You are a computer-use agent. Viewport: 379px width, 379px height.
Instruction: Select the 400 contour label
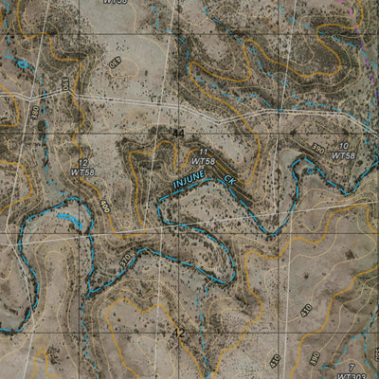(x=104, y=206)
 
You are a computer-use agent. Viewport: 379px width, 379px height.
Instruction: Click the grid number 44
(x=178, y=134)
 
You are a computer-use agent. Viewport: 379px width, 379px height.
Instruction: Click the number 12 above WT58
(x=83, y=163)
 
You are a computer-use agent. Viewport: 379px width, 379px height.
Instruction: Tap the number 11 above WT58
(x=203, y=153)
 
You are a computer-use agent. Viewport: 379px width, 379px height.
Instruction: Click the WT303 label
(x=352, y=375)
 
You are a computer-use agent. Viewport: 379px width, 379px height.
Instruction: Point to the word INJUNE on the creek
(x=192, y=178)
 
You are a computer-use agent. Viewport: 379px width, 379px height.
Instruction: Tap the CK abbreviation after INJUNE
(x=229, y=178)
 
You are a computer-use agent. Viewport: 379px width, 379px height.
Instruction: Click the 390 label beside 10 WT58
(x=317, y=149)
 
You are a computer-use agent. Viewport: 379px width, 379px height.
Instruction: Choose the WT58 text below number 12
(x=83, y=172)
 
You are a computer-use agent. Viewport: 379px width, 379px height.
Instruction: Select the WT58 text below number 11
(x=203, y=162)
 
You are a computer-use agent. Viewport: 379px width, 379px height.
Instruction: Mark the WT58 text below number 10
(x=343, y=154)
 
